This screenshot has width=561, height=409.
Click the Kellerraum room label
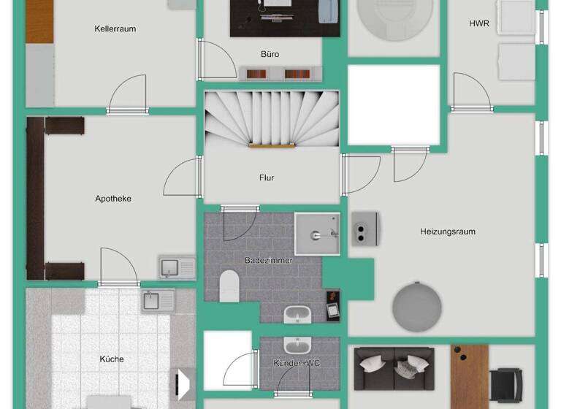coord(115,29)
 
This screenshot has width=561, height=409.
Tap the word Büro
coord(270,54)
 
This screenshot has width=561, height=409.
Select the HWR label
coord(479,23)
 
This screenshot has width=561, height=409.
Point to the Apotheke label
coord(113,199)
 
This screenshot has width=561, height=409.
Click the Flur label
coord(267,177)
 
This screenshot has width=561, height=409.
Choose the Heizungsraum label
coord(448,232)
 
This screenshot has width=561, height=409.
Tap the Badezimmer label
coord(268,260)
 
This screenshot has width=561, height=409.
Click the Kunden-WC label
coord(297,363)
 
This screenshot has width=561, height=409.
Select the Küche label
coord(112,359)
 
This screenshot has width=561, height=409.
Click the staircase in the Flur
coord(272,118)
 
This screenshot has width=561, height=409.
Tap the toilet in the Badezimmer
coord(229,286)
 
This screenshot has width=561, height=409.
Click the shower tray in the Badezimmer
coord(317,234)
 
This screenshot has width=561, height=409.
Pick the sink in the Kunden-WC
coord(297,345)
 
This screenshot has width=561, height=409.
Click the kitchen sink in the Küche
coord(159,299)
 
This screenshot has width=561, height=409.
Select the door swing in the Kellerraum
coord(127,93)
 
